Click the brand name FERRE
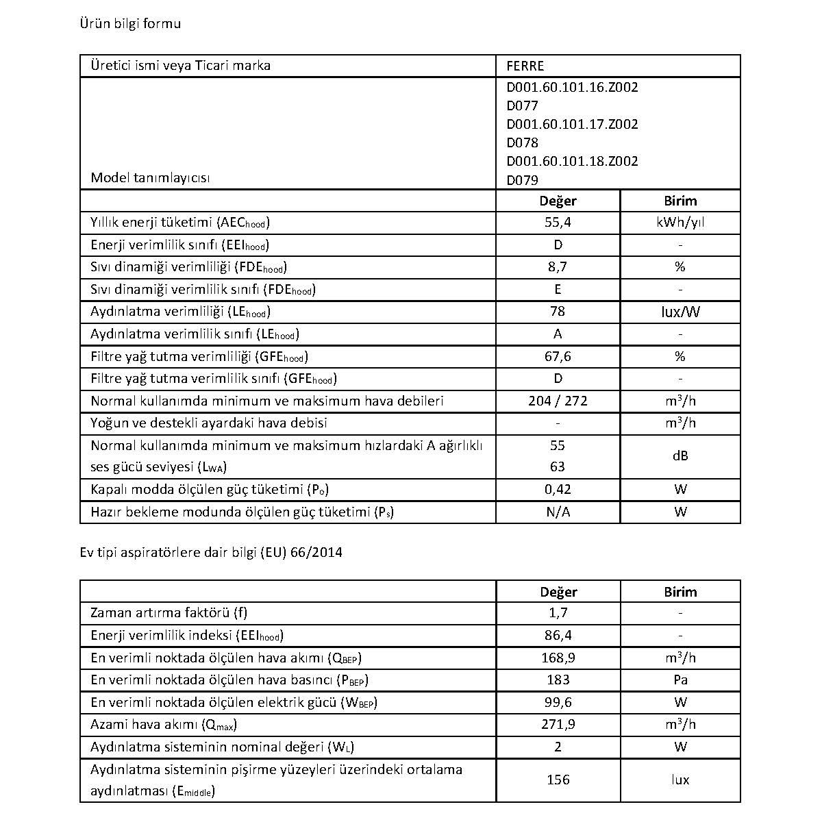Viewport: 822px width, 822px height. [525, 66]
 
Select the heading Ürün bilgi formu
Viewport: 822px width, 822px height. [131, 24]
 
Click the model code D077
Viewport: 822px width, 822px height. [522, 105]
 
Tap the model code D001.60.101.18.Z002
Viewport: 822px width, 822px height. [572, 161]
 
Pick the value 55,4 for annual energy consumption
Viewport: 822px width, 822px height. [558, 223]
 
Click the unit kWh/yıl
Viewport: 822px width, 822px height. [680, 223]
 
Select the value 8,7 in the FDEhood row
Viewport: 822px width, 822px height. [558, 267]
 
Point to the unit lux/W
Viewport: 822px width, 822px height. [680, 312]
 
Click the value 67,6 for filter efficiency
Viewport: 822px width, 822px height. [558, 356]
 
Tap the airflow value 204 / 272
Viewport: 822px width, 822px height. [558, 401]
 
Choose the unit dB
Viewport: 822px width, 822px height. [680, 456]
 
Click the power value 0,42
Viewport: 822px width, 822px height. [558, 490]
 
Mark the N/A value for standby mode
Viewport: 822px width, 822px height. [558, 512]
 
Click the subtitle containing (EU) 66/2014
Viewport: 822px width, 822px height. [211, 552]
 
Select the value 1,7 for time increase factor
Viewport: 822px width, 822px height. [558, 613]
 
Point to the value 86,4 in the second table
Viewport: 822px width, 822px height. [558, 636]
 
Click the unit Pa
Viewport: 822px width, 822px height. [680, 680]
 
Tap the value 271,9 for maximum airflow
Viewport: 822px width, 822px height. [558, 724]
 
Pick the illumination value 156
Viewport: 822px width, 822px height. [558, 780]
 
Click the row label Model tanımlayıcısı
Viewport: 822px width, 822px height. [150, 178]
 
